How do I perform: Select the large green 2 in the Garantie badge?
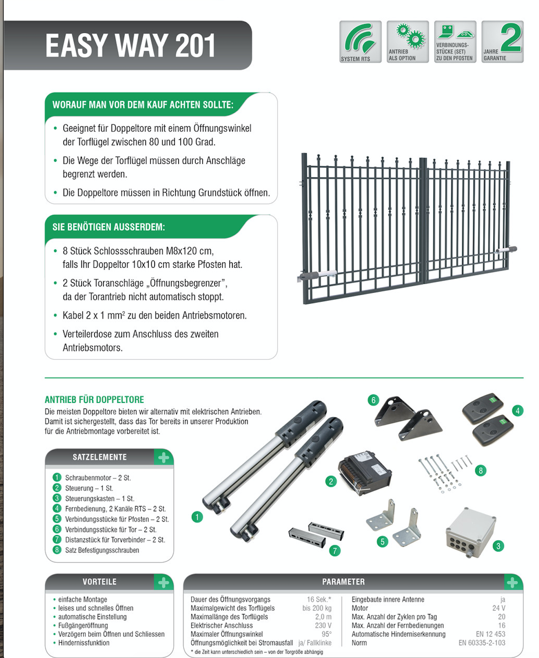point(511,37)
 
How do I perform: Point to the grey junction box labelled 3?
point(471,532)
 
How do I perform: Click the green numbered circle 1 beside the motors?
point(197,517)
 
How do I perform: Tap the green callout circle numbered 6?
point(373,400)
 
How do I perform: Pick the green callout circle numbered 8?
point(481,470)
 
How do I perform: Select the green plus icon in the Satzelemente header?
point(163,458)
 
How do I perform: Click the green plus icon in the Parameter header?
point(512,582)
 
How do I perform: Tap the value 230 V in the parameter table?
point(323,625)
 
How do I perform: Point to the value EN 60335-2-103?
point(482,643)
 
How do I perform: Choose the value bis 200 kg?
point(317,608)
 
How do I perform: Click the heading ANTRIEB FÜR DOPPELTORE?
point(94,400)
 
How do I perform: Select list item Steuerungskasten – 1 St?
point(100,499)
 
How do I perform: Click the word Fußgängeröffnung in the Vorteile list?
point(83,625)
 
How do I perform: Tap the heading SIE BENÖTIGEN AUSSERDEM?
point(109,227)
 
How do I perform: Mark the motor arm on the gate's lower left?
point(316,275)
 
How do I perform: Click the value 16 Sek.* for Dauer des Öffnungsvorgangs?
point(319,599)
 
